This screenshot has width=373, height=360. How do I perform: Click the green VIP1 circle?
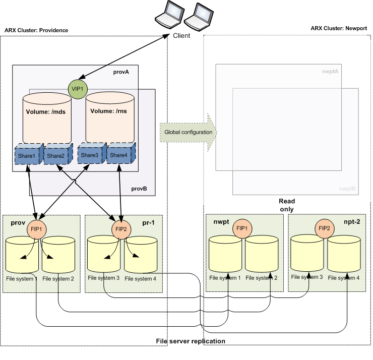(78, 89)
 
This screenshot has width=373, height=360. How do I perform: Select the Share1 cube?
(28, 155)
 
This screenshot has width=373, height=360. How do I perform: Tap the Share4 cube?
(119, 155)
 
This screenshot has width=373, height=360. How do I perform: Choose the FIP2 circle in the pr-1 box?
(121, 228)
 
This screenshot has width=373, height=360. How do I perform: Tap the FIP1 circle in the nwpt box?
(242, 228)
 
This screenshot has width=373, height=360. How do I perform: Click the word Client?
(181, 36)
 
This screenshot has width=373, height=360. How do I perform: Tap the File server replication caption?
(191, 341)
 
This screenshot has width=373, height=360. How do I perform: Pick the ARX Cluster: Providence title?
(36, 30)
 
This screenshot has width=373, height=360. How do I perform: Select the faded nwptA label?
(330, 72)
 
